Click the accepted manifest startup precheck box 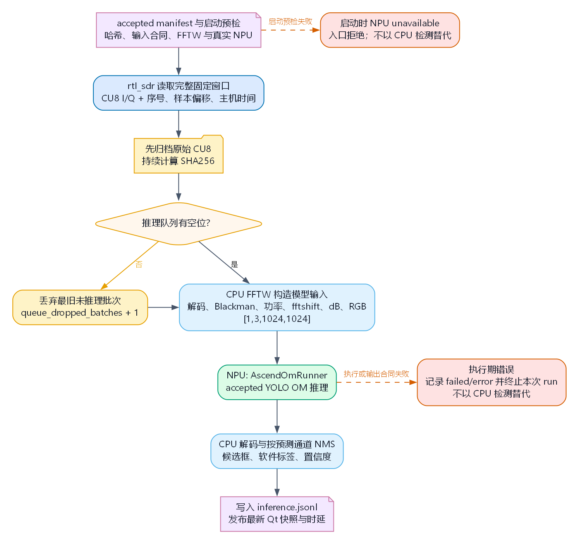coord(179,30)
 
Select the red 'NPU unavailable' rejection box coord(390,30)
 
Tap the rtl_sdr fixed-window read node coord(179,93)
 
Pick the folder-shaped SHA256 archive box coord(179,154)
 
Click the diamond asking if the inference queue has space coord(179,224)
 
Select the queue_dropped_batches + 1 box coord(80,307)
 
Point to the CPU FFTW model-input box coord(277,307)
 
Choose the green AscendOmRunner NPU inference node coord(277,382)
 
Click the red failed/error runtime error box coord(491,382)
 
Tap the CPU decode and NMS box coord(277,451)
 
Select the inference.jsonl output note coord(277,514)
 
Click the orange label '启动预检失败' coord(290,22)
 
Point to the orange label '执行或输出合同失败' coord(376,374)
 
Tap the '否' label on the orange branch coord(139,264)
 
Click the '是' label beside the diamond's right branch coord(234,264)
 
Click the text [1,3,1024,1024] coord(277,319)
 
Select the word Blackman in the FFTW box coord(235,306)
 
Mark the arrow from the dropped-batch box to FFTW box coord(163,307)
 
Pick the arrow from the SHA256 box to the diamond coord(179,187)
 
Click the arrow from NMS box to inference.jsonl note coord(277,482)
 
